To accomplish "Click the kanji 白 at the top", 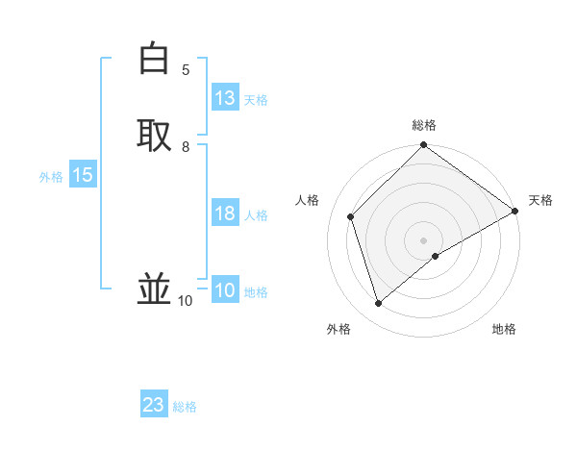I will click(x=154, y=60).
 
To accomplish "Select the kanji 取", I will click(x=154, y=135).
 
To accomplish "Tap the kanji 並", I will click(x=154, y=289).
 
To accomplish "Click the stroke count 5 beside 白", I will click(x=186, y=70).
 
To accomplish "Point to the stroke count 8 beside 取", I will click(x=186, y=147).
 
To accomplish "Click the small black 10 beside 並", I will click(x=185, y=301).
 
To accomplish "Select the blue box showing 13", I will click(x=225, y=98).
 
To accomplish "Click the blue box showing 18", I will click(x=225, y=213).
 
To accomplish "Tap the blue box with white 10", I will click(x=225, y=290).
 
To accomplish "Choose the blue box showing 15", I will click(x=83, y=175).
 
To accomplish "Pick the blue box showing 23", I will click(x=154, y=405).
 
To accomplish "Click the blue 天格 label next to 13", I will click(x=256, y=100).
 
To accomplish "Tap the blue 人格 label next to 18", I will click(x=256, y=215).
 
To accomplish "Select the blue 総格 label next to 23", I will click(x=185, y=407).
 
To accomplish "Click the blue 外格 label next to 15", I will click(x=51, y=177).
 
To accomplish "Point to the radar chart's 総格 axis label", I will click(x=424, y=125).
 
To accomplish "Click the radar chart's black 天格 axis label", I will click(x=540, y=200).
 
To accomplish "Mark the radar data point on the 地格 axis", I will click(x=436, y=256).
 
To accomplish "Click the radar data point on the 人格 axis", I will click(x=351, y=216).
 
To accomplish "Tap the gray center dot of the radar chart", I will click(x=424, y=239).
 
